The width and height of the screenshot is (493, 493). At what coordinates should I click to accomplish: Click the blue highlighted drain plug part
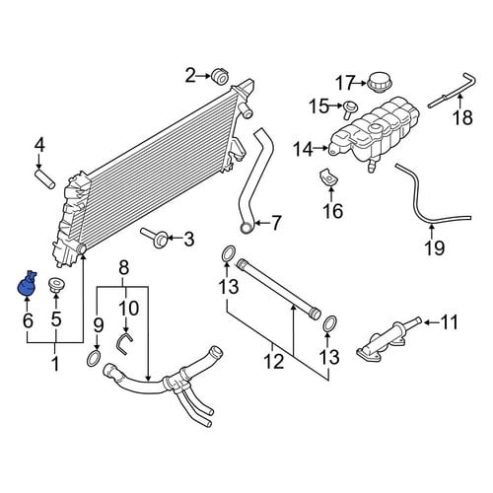(27, 285)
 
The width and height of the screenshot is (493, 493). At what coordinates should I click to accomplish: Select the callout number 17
(346, 83)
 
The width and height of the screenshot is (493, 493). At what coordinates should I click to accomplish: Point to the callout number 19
(435, 247)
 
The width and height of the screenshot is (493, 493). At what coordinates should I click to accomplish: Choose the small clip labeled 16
(327, 177)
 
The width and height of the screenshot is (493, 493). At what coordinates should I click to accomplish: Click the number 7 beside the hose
(276, 223)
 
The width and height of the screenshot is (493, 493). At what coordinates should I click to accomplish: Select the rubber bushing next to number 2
(219, 76)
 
